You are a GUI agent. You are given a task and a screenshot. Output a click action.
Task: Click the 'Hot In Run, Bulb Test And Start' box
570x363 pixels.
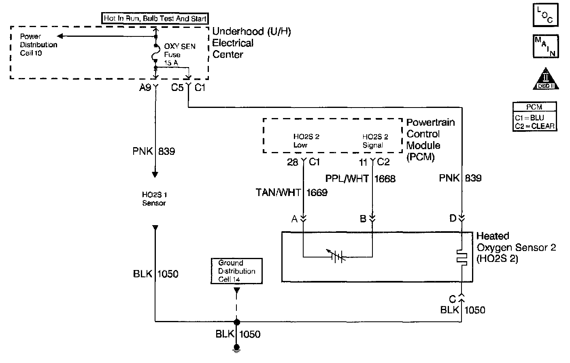pos(155,18)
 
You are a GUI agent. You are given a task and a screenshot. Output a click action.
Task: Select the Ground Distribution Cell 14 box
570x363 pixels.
pos(236,271)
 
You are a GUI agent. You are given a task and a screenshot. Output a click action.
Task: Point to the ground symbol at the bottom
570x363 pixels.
pos(237,348)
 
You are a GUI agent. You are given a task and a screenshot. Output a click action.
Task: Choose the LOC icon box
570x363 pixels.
pos(545,15)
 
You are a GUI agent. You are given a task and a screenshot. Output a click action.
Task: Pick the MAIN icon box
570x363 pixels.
pos(545,46)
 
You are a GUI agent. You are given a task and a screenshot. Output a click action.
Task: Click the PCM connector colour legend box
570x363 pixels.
pos(534,117)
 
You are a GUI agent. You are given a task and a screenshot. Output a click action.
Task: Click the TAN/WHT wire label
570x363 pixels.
pos(278,193)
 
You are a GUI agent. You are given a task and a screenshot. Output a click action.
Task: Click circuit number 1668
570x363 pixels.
pos(385,179)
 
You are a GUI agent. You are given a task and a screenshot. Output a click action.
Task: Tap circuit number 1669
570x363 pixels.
pos(317,193)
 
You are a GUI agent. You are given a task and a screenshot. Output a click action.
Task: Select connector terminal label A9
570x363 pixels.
pos(145,87)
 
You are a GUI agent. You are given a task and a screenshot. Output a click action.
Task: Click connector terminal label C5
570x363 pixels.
pos(177,87)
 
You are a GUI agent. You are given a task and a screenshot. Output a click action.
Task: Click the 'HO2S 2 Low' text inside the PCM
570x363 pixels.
pos(306,141)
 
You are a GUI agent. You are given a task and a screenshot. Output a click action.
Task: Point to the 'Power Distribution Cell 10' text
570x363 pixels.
pos(38,44)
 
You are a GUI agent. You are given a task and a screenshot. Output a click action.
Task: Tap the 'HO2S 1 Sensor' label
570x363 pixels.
pos(154,199)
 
